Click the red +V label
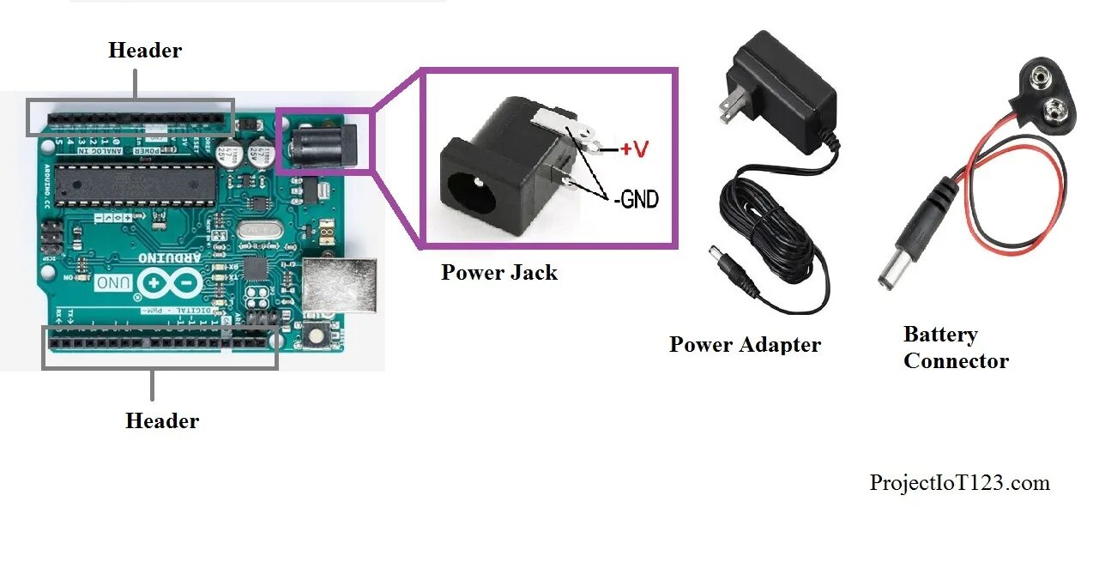point(635,149)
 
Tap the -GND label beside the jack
point(636,200)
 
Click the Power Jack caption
point(498,273)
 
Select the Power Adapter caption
point(745,345)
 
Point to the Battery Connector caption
point(956,347)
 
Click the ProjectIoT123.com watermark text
point(959,483)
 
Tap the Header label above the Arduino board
point(145,51)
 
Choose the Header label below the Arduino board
point(162,421)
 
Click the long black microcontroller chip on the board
point(128,183)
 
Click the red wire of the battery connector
point(969,206)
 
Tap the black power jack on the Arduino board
point(321,144)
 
